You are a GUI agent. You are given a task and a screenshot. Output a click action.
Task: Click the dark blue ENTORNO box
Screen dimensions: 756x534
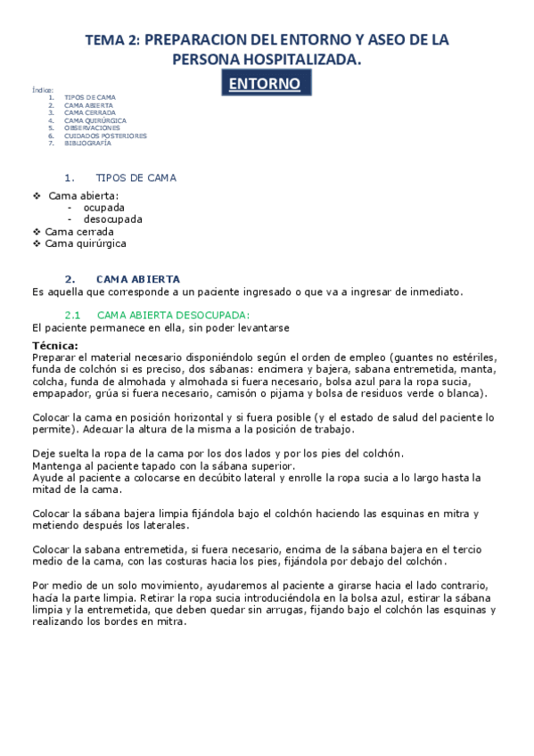tap(267, 84)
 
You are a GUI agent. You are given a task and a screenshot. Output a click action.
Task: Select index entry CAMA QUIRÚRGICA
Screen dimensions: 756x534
tap(95, 120)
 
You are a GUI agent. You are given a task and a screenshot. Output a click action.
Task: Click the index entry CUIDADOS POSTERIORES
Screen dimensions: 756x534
tap(105, 136)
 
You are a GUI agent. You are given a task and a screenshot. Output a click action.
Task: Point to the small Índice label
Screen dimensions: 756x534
tap(42, 90)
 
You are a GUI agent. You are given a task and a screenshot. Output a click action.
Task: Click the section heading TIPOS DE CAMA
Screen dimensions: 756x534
tap(136, 177)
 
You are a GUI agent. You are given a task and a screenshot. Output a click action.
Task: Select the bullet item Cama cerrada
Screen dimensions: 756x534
tap(79, 232)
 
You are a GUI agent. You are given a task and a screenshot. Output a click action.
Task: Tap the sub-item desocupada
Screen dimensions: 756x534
tap(112, 219)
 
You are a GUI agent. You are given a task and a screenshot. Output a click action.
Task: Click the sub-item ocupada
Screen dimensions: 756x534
tap(104, 207)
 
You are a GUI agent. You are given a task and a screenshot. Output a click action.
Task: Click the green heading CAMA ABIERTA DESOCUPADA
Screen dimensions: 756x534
tap(173, 315)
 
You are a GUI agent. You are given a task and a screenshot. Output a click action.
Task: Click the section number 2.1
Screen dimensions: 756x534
tap(73, 315)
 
